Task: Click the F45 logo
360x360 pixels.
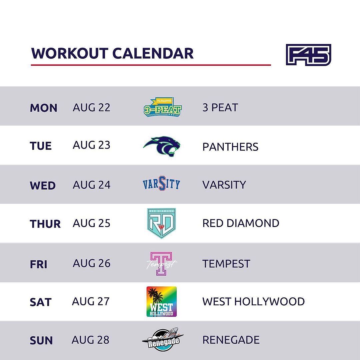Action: click(x=308, y=55)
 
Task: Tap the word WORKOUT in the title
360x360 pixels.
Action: click(x=70, y=53)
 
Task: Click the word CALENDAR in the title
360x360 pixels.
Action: click(x=153, y=53)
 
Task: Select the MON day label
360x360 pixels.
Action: click(x=43, y=108)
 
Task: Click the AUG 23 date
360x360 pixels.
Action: click(x=91, y=145)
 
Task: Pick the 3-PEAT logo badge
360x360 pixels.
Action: click(x=163, y=107)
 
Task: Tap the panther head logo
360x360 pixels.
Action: click(x=162, y=146)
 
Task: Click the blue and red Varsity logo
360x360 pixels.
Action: click(x=161, y=183)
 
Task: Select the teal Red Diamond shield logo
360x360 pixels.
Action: click(x=161, y=223)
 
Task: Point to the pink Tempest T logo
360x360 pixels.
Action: click(x=161, y=264)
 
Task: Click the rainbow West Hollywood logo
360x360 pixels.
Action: click(x=162, y=301)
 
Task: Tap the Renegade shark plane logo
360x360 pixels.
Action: click(x=163, y=339)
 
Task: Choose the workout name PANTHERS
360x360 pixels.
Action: click(x=230, y=147)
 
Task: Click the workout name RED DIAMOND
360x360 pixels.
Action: click(x=241, y=223)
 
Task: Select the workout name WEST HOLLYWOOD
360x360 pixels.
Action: click(x=253, y=301)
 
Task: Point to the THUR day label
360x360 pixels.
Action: click(x=45, y=224)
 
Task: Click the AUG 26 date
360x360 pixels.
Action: click(x=91, y=263)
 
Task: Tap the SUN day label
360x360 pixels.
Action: click(x=41, y=340)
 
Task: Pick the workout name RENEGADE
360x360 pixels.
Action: click(x=231, y=340)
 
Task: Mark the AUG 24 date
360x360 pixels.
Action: click(x=91, y=185)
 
